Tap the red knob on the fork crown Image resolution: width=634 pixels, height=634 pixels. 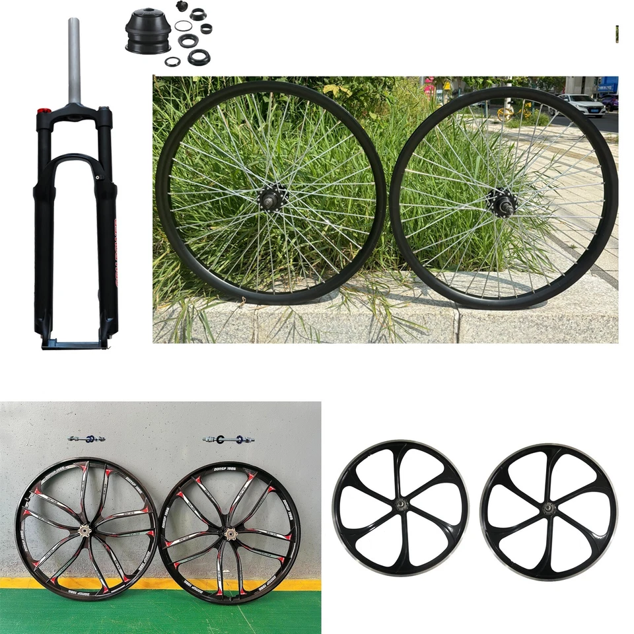click(44, 111)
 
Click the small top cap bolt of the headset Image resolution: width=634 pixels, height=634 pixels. click(182, 6)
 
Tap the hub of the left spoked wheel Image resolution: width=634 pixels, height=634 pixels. click(271, 195)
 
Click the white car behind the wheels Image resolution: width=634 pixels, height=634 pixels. click(581, 104)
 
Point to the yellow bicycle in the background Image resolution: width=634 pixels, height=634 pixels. click(505, 112)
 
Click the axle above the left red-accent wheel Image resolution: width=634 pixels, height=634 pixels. click(87, 439)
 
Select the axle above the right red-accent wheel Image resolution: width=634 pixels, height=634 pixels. click(229, 439)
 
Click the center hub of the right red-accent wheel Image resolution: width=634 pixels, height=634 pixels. click(229, 532)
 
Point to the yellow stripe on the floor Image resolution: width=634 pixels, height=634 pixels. click(158, 584)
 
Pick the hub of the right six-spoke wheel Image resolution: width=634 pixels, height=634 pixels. click(547, 509)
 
